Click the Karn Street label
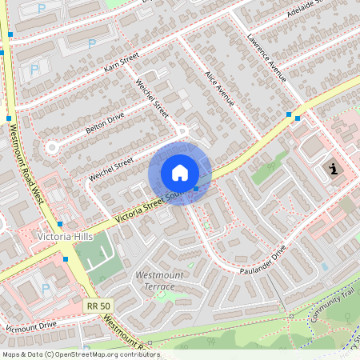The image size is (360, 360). [x=122, y=64]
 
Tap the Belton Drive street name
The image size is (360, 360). [x=106, y=122]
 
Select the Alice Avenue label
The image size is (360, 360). [x=219, y=89]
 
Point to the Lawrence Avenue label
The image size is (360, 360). [x=267, y=58]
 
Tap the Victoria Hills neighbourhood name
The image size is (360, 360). [x=64, y=237]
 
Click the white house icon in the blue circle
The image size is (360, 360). [x=180, y=173]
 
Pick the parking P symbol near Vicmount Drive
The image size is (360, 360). [x=45, y=288]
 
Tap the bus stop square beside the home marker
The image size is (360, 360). [x=196, y=189]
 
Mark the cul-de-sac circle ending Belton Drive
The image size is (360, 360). [x=54, y=147]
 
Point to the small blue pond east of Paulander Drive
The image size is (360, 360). [x=324, y=266]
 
